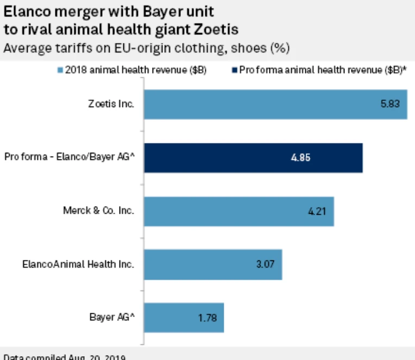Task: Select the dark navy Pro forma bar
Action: click(x=253, y=158)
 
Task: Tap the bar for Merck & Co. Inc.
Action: click(x=238, y=211)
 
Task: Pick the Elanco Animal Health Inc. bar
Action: click(x=212, y=264)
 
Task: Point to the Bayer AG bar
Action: click(x=184, y=318)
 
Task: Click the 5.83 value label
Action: click(x=389, y=103)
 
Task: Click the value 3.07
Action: click(x=263, y=264)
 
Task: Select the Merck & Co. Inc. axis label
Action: click(x=99, y=211)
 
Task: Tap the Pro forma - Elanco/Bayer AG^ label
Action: click(x=69, y=158)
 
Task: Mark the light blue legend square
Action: click(x=60, y=70)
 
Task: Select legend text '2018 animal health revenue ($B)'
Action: click(x=135, y=70)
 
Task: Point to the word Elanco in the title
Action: click(x=25, y=9)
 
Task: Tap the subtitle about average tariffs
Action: click(x=146, y=47)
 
